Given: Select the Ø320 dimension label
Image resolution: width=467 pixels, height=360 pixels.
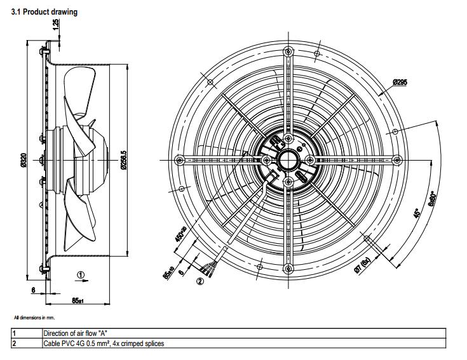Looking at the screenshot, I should click(24, 162).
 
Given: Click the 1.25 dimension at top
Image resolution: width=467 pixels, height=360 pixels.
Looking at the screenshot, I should click(57, 24).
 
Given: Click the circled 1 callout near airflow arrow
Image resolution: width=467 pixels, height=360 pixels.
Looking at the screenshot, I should click(80, 274).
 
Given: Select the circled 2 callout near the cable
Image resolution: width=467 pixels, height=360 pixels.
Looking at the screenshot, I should click(200, 281).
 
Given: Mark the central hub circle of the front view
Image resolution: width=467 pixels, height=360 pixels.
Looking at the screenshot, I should click(288, 158).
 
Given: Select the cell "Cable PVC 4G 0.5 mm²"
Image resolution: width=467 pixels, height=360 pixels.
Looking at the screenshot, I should click(104, 343).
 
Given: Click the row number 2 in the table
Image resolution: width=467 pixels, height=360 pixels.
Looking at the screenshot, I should click(14, 343).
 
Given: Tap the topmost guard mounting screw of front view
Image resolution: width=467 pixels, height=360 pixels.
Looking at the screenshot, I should click(288, 51).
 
